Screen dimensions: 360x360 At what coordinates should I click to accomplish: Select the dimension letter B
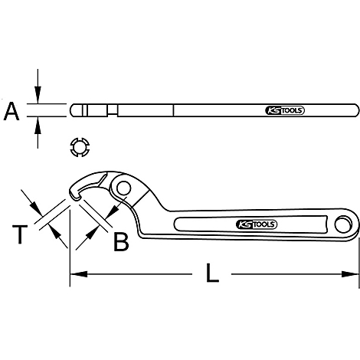point(121,242)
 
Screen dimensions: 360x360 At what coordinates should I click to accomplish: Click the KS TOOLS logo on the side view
point(286,110)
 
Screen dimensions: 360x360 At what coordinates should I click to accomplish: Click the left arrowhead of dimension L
point(77,273)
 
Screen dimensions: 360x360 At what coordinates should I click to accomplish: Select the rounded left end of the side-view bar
point(74,110)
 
